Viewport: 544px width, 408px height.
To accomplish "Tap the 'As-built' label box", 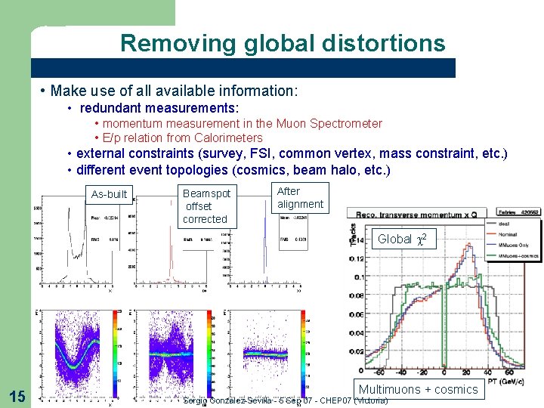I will coord(109,194).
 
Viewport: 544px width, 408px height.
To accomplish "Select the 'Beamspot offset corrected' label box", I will coord(206,206).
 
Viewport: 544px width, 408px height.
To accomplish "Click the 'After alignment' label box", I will coord(300,198).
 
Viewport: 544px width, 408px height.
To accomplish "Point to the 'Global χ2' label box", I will coord(403,239).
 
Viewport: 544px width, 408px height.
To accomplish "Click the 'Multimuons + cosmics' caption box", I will coord(418,389).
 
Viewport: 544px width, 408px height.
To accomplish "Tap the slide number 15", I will coord(16,394).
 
